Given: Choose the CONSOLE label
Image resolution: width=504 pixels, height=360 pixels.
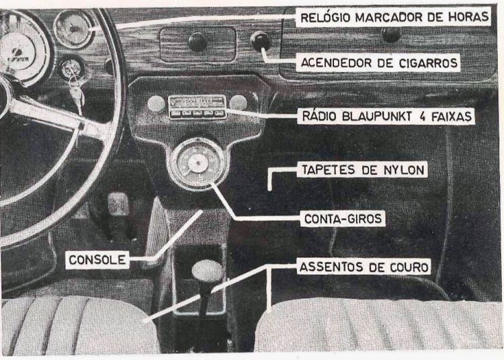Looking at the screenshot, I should coord(98,259).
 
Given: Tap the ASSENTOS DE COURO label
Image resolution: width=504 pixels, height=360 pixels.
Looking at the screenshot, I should coord(362,267).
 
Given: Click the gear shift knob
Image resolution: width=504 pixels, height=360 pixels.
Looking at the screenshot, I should coord(207,271).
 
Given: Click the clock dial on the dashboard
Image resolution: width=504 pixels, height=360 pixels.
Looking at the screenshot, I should coord(73,28).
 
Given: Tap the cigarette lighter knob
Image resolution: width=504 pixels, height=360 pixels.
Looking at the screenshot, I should coord(260,42).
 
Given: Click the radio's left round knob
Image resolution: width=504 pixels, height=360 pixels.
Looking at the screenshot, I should coord(156,103).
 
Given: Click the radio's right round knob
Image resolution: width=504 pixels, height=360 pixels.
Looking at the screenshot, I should coord(238,102).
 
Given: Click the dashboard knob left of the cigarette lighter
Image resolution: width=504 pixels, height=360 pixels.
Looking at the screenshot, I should coord(198,42).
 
